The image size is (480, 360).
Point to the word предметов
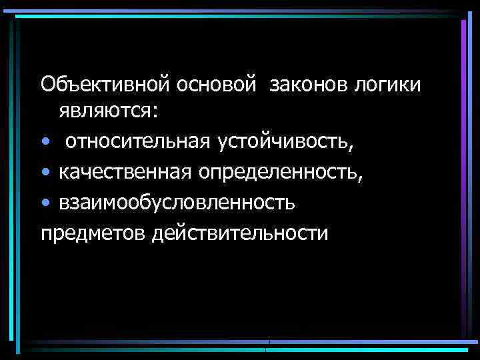[93, 234]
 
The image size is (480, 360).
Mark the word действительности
[241, 234]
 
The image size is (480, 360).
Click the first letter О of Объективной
[48, 84]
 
